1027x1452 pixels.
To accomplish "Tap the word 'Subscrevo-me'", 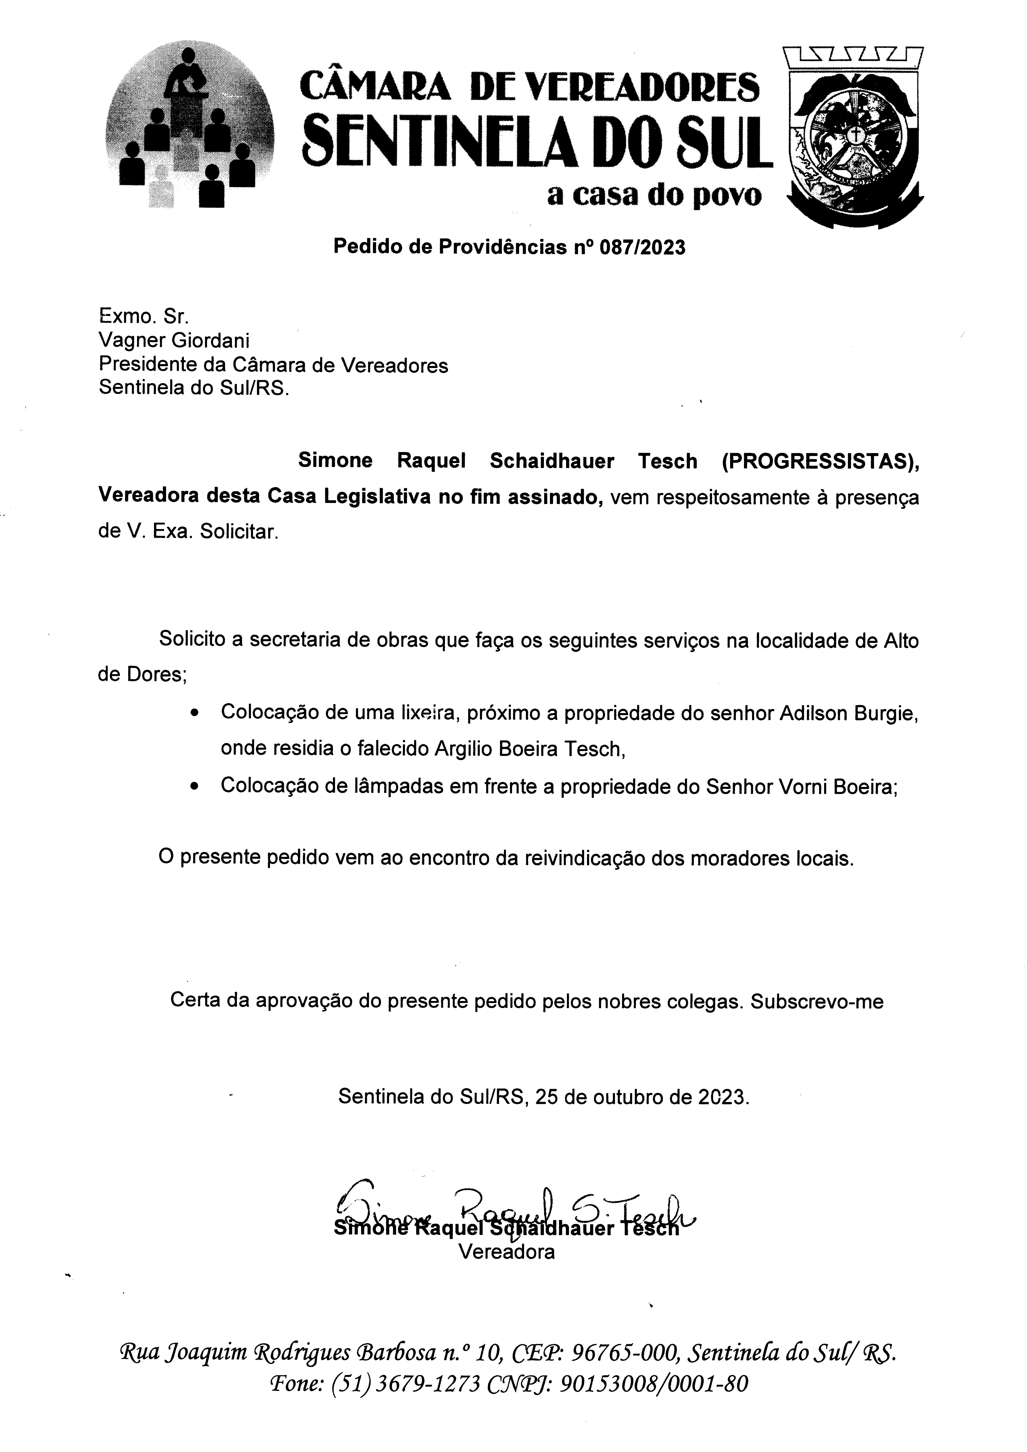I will point(816,1001).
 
